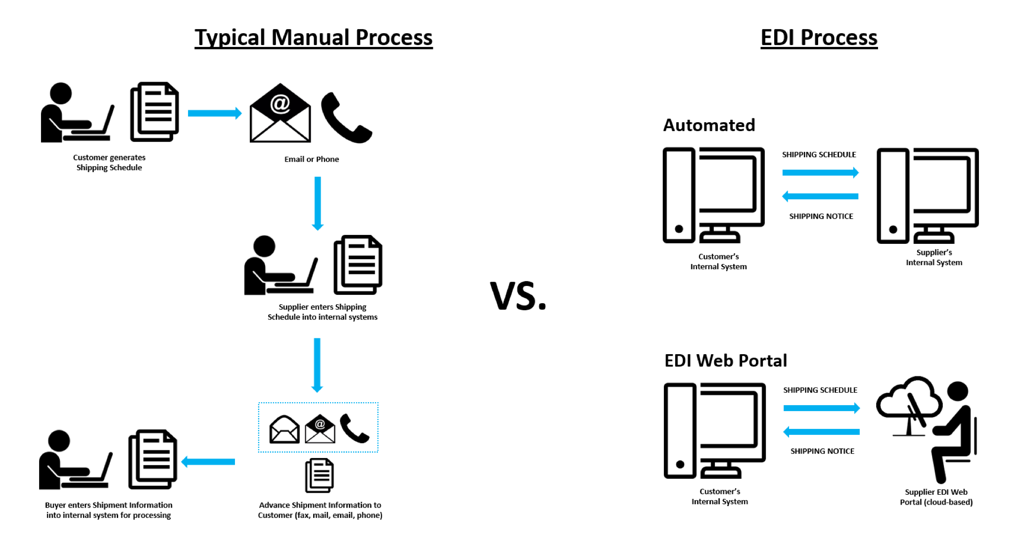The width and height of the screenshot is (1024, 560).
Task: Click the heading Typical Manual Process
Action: pos(313,38)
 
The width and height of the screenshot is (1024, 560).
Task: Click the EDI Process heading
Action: pos(819,38)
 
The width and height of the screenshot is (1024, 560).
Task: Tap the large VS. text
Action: pos(517,296)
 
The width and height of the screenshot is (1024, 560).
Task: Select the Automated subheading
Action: pos(709,125)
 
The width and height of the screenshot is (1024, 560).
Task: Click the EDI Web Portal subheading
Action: pos(725,361)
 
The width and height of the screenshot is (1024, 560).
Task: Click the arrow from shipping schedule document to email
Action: pos(214,113)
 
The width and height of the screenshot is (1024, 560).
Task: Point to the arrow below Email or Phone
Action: pos(318,203)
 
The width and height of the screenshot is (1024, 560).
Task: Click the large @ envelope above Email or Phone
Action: pos(280,113)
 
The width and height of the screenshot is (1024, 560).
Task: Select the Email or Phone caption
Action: pos(312,159)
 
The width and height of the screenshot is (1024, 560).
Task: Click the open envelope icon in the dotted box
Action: pos(284,429)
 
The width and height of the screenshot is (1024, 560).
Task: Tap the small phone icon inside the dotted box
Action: pos(354,428)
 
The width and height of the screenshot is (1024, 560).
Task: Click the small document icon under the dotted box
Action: pos(320,475)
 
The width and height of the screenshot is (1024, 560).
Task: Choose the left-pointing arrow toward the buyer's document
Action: pos(208,462)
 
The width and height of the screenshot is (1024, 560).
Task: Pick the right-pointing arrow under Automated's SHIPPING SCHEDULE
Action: pos(820,173)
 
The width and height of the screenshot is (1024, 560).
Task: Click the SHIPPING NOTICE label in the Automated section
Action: pos(821,216)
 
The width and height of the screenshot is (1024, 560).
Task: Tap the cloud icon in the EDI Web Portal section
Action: pos(909,398)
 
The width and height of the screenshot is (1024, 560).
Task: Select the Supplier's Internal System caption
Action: pos(934,258)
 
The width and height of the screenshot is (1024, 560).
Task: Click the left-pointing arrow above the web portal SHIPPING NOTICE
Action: pos(821,432)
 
